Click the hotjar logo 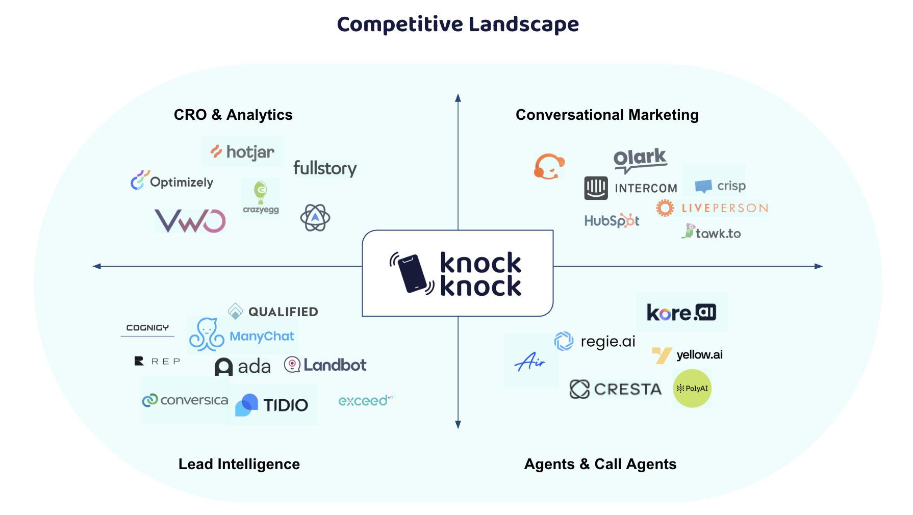243,151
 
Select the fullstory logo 325,168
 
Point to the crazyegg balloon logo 261,196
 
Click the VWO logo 190,221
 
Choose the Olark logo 640,159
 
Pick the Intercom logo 630,188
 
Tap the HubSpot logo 612,220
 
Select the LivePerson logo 712,208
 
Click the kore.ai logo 681,312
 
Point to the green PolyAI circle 692,389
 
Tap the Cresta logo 615,389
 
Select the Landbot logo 325,365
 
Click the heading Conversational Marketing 607,115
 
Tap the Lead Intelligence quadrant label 239,464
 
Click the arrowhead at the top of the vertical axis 458,98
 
